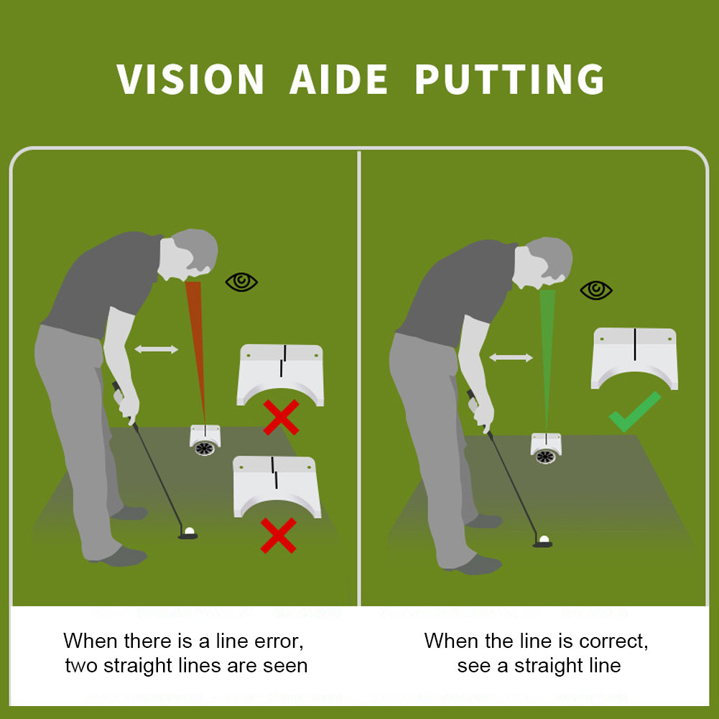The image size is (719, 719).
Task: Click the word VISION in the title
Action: coord(190,79)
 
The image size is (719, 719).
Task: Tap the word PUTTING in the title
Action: coord(509,79)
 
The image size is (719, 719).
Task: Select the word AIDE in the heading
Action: coord(339,79)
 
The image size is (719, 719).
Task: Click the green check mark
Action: coord(635,412)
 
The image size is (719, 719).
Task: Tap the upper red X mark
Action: coord(281,417)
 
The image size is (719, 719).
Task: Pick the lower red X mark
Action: coord(279,536)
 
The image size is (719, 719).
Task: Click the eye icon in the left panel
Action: coord(241,282)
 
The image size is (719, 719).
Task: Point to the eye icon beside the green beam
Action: coord(596,290)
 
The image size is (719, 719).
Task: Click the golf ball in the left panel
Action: coord(190,531)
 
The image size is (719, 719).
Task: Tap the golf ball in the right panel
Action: coord(544,539)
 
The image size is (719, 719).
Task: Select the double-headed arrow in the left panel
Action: coord(157,349)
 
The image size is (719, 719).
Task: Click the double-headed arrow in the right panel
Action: coord(511,358)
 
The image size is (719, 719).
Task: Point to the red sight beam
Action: coord(196,348)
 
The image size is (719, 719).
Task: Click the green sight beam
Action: coord(547,358)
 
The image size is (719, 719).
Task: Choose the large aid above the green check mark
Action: coord(635,358)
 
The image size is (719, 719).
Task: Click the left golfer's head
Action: coord(189,254)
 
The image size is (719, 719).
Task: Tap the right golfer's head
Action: coord(543,263)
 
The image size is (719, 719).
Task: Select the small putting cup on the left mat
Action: coord(205,440)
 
